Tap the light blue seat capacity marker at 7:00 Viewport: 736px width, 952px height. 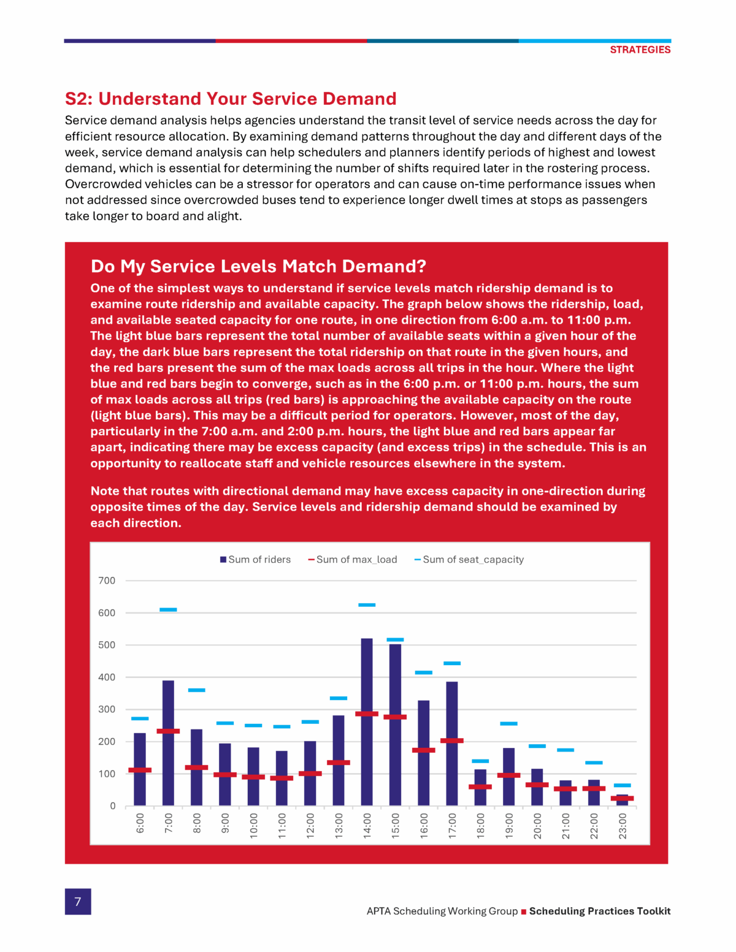coord(168,609)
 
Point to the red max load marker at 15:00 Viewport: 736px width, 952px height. coord(395,717)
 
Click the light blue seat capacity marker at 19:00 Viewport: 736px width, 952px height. coord(508,723)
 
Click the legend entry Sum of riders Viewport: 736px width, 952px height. coord(255,560)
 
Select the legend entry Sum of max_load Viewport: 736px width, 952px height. coord(353,560)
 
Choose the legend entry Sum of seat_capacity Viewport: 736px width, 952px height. coord(469,560)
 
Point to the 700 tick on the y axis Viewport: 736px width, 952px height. coord(107,581)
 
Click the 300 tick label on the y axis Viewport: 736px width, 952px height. coord(107,709)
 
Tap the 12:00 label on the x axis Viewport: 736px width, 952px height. coord(310,825)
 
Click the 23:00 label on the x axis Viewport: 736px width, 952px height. coord(623,825)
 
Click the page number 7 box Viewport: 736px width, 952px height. coord(78,901)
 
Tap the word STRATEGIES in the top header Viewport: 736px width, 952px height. coord(640,50)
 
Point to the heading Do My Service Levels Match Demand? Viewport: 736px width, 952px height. coord(258,266)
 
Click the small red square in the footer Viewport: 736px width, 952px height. coord(524,912)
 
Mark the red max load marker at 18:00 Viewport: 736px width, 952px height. coord(480,786)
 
